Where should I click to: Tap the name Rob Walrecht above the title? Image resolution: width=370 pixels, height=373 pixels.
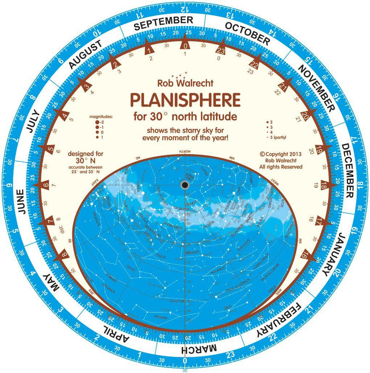click(x=185, y=84)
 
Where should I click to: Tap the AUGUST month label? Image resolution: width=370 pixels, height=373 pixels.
click(x=85, y=55)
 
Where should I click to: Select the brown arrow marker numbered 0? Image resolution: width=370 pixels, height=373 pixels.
click(x=185, y=46)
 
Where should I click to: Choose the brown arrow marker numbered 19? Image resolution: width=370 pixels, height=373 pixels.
click(x=320, y=149)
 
